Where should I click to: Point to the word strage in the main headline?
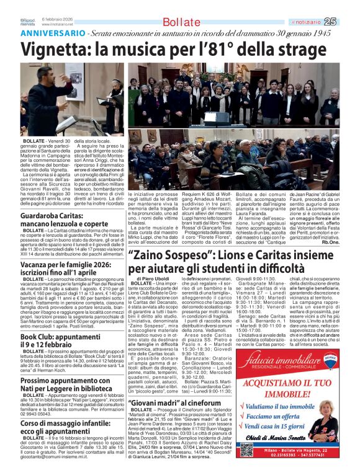click(305, 49)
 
